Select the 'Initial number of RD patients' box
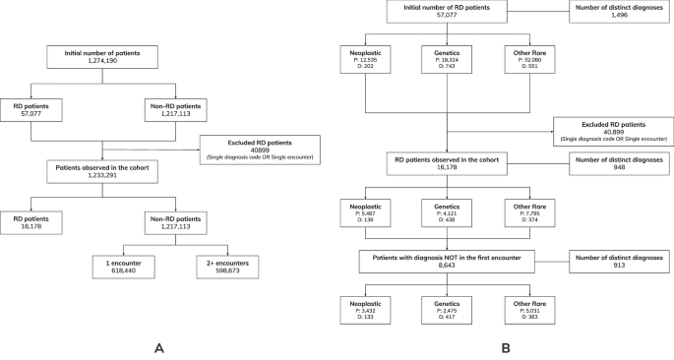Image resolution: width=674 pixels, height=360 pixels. point(448,13)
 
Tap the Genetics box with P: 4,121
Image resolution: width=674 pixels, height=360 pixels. point(448,211)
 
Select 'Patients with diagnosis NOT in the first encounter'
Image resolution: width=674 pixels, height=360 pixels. point(448,258)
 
